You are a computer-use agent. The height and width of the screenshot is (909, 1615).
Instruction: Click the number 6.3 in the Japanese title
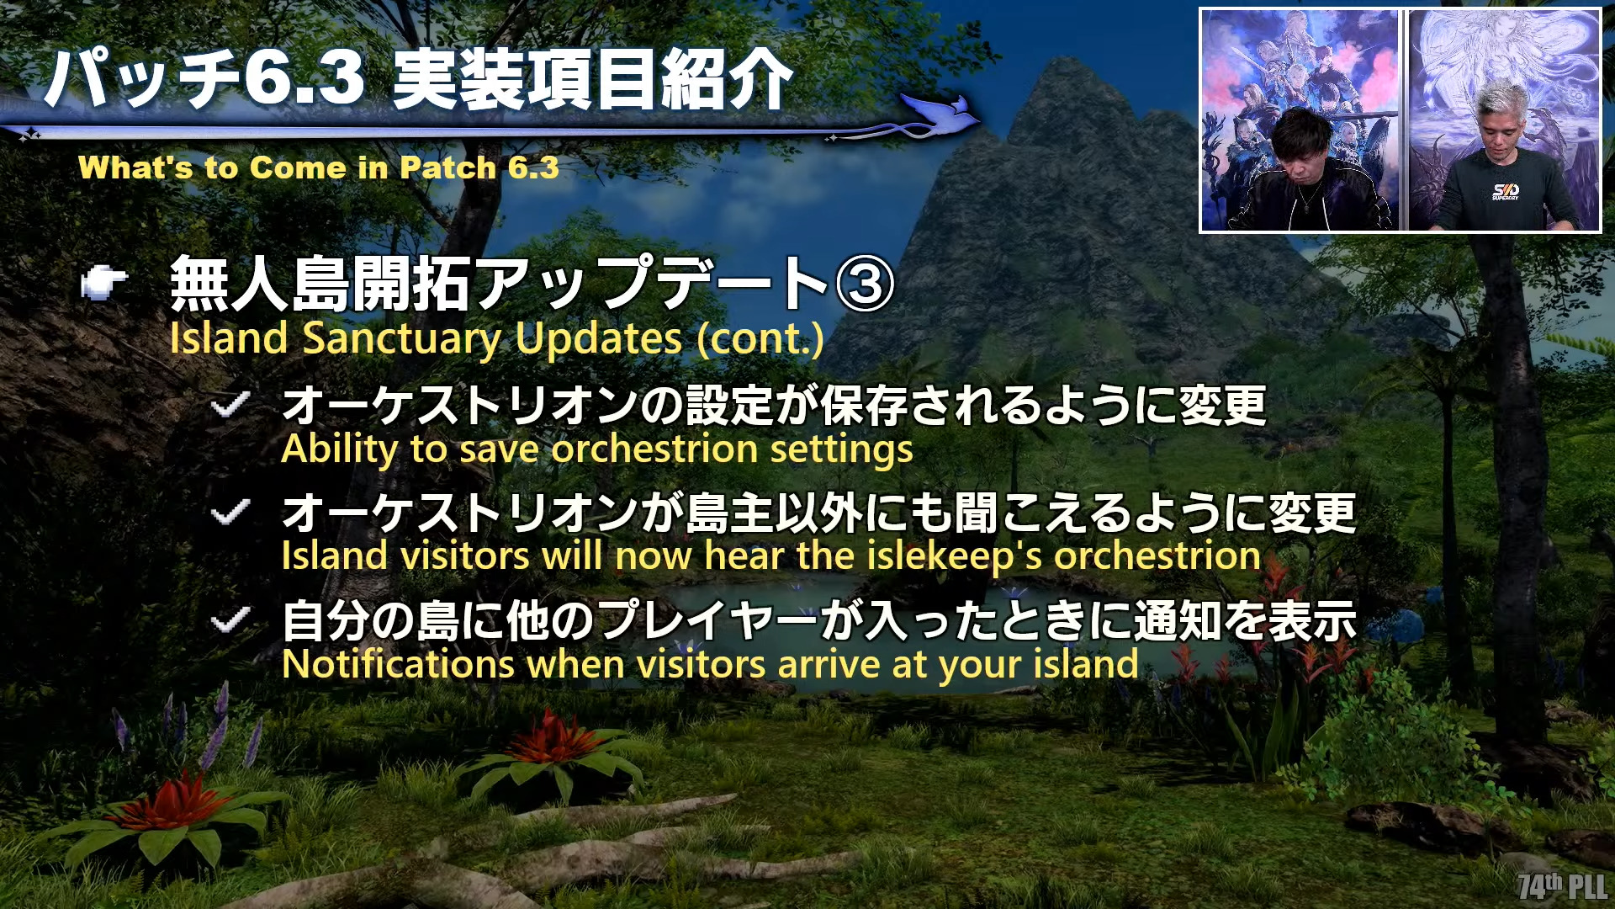click(x=304, y=77)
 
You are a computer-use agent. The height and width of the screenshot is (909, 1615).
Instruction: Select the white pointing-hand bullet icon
click(x=103, y=283)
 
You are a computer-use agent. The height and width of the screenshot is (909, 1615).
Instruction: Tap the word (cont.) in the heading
click(x=760, y=339)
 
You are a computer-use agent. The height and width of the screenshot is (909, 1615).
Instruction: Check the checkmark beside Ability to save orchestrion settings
click(x=230, y=405)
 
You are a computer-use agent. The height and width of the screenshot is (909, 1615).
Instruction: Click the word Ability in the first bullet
click(x=339, y=449)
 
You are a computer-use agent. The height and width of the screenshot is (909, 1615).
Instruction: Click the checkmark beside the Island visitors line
click(x=230, y=512)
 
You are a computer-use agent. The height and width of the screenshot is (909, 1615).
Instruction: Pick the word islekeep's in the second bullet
click(x=955, y=556)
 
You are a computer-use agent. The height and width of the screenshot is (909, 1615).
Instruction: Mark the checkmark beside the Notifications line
click(x=230, y=621)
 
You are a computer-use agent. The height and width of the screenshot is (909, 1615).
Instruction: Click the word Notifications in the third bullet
click(x=398, y=664)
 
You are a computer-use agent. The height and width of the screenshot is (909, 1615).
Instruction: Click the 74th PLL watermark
click(x=1563, y=886)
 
